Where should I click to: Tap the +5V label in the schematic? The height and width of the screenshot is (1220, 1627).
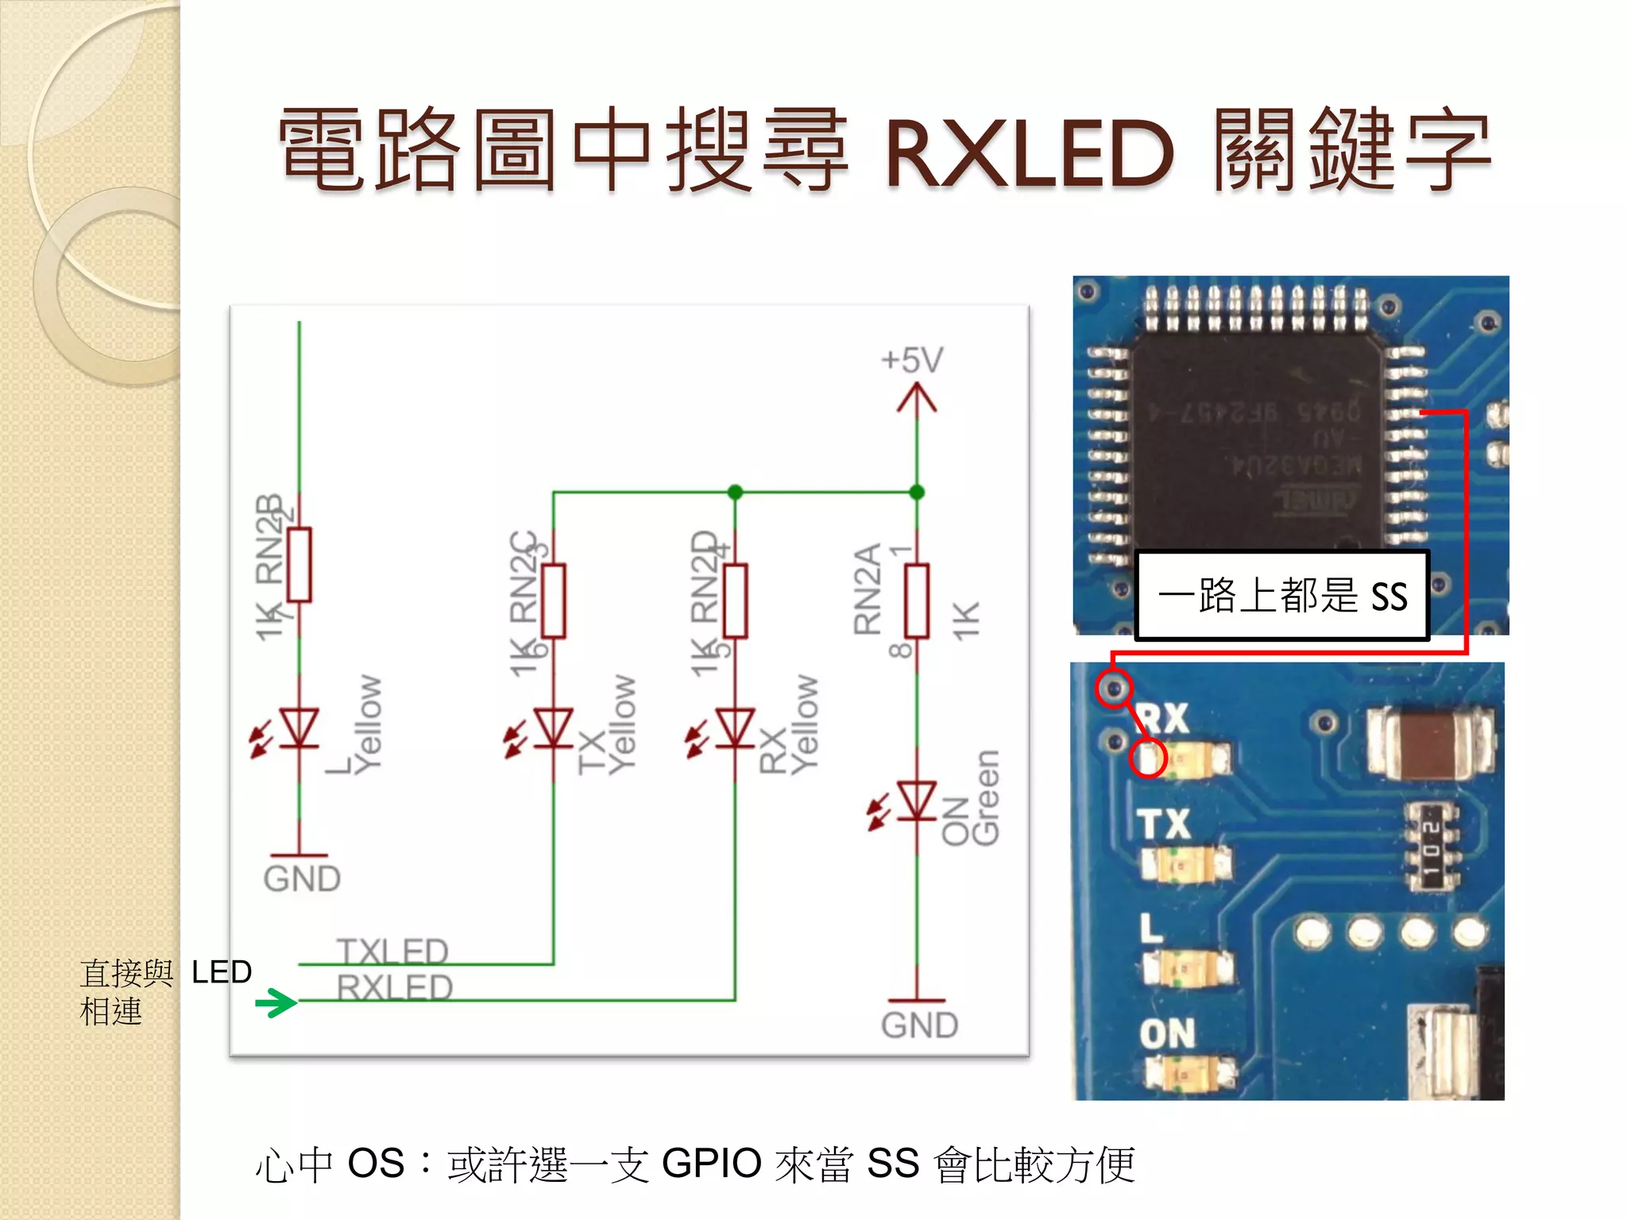[x=912, y=361]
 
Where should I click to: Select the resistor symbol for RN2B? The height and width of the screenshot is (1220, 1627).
[x=299, y=565]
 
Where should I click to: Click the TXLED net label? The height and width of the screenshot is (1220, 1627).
[x=392, y=951]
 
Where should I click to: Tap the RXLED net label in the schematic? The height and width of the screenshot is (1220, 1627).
[x=394, y=987]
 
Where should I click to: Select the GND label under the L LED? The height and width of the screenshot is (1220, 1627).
[x=302, y=879]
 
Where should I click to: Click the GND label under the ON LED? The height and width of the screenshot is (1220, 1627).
[x=919, y=1025]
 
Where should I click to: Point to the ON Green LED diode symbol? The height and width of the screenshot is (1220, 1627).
[x=916, y=801]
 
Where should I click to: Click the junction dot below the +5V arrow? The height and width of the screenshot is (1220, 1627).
[x=917, y=492]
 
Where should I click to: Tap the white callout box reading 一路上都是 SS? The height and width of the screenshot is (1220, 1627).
[x=1281, y=595]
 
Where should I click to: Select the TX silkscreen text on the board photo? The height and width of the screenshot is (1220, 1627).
[x=1164, y=824]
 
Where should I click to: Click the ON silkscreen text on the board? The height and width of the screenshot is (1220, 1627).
[x=1166, y=1033]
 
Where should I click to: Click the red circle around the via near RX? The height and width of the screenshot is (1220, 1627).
[x=1114, y=688]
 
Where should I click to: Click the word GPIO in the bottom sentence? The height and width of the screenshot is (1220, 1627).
[x=712, y=1164]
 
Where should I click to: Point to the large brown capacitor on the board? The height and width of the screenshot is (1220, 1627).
[x=1430, y=743]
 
